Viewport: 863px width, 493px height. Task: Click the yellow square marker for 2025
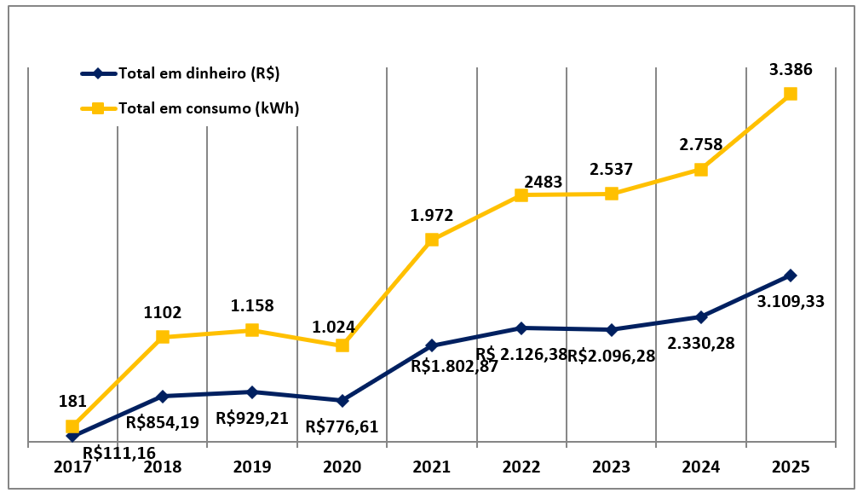(791, 94)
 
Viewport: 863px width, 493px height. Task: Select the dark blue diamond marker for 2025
(791, 275)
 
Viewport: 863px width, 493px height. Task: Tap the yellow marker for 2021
(432, 240)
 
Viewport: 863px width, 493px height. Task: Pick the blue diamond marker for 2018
(163, 396)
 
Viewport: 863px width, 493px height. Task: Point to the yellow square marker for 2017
(72, 426)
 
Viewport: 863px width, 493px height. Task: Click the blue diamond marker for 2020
(342, 400)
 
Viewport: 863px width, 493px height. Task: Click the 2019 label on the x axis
(252, 467)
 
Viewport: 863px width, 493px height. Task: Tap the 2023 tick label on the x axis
(611, 467)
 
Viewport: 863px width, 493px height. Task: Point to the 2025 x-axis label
(790, 467)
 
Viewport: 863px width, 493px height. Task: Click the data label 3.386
(791, 70)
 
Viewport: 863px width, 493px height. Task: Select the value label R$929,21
(252, 418)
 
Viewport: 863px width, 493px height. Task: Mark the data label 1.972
(432, 215)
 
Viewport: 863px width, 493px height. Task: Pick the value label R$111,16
(119, 451)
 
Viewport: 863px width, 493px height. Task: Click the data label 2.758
(700, 144)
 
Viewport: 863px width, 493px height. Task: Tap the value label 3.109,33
(790, 301)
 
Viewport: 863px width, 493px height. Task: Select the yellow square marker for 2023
(611, 194)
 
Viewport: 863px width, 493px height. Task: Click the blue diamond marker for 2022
(521, 328)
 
